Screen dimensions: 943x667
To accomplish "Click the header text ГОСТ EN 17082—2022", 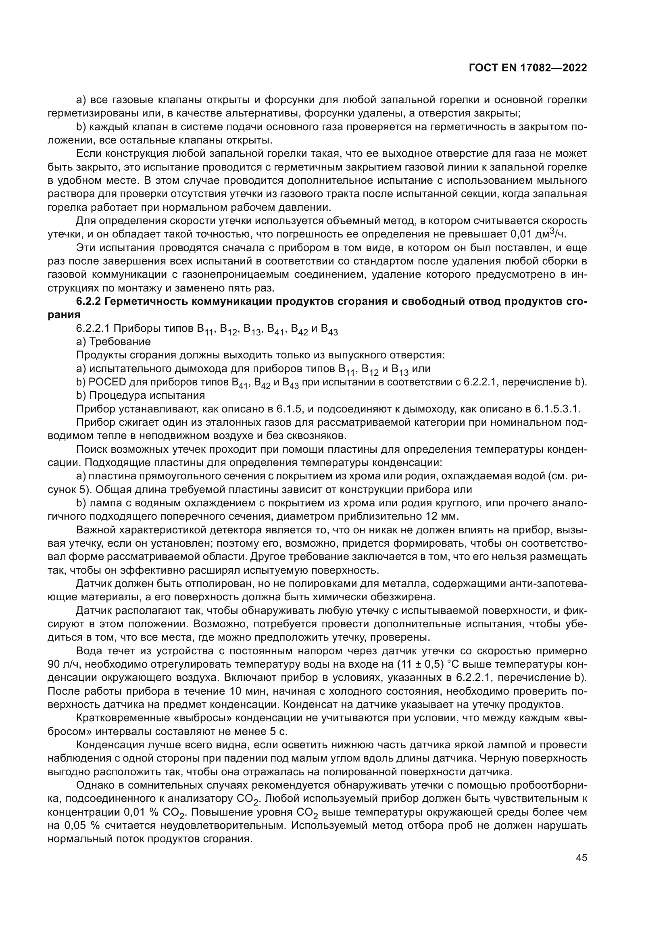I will pos(527,68).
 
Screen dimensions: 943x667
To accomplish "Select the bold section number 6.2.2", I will pos(89,302).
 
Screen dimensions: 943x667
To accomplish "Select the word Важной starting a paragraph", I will pos(94,530).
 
